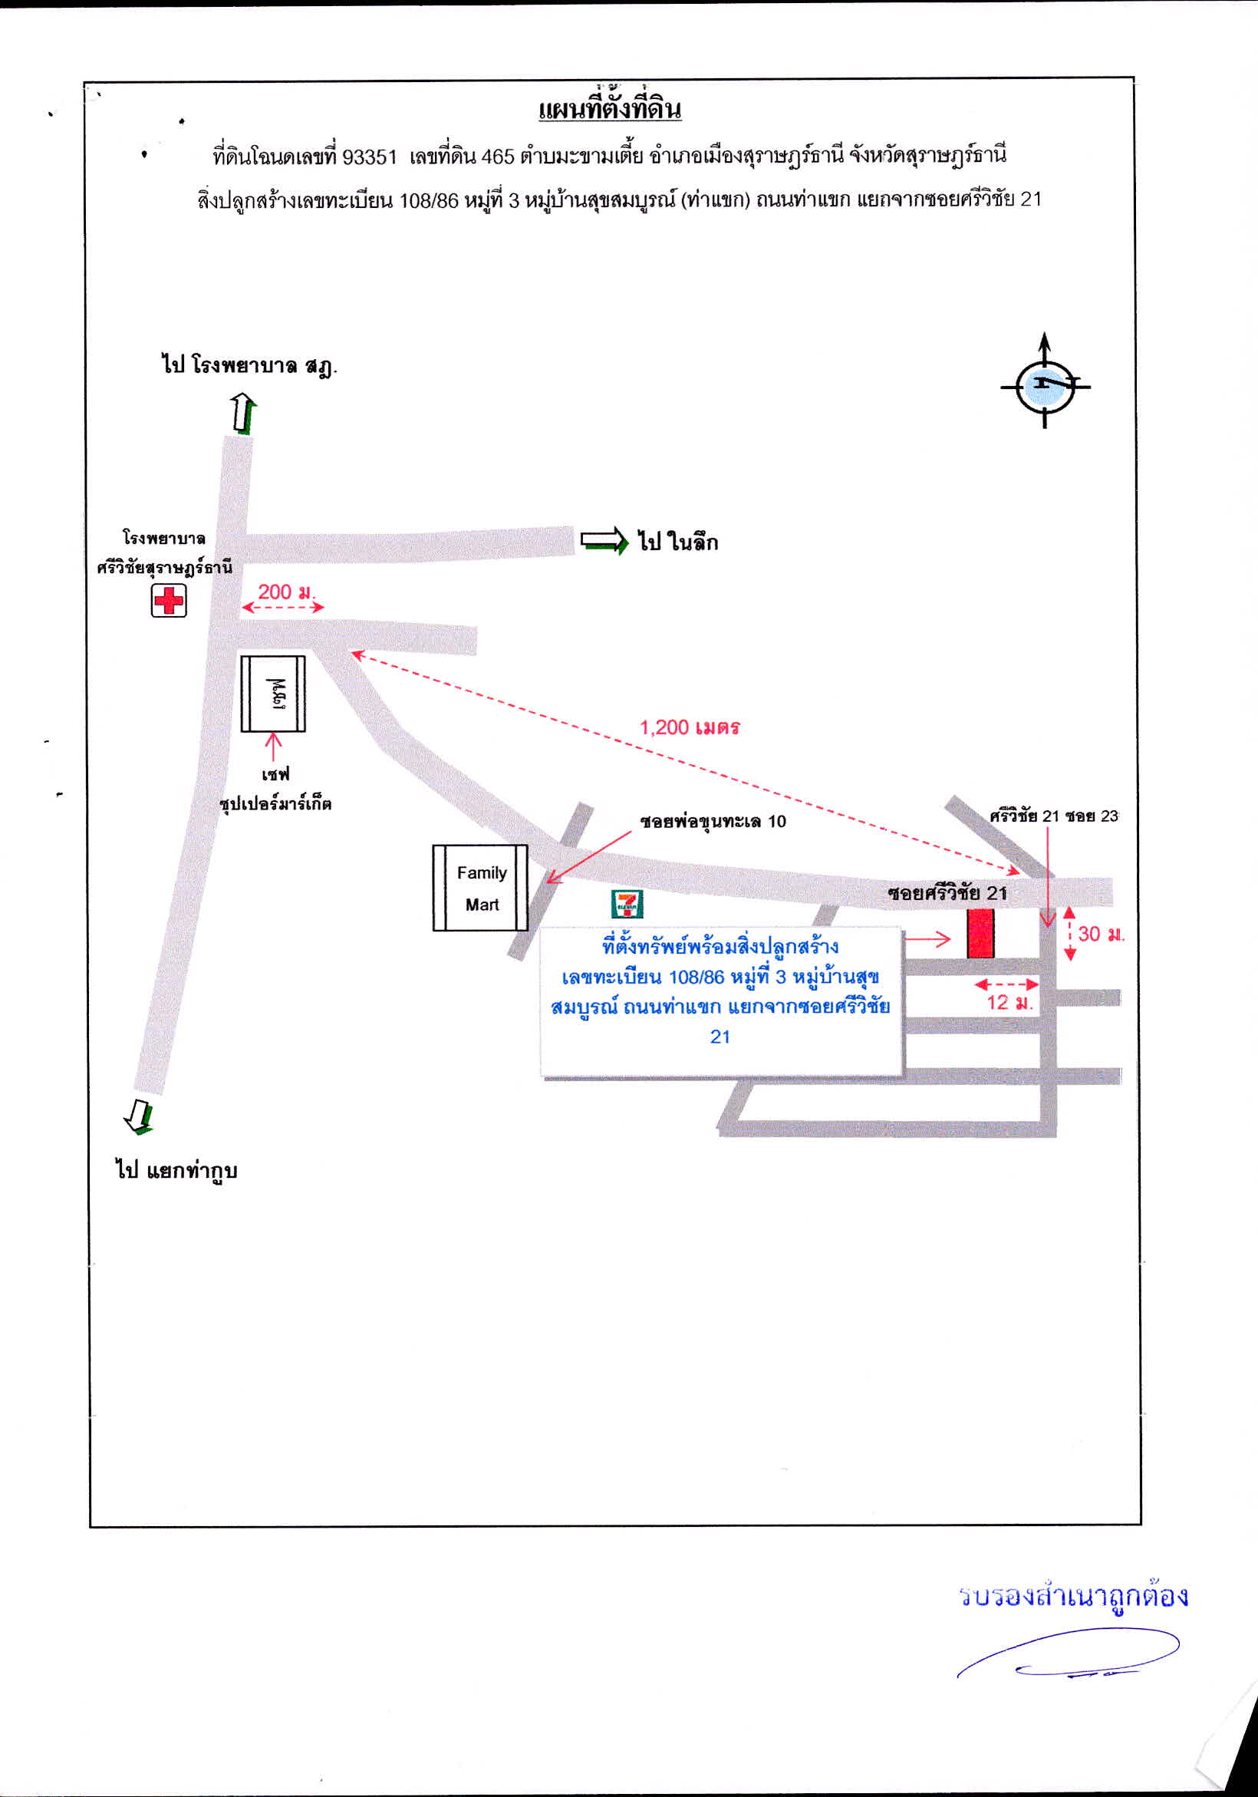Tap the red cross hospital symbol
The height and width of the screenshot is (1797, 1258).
169,600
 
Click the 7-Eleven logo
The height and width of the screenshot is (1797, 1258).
627,903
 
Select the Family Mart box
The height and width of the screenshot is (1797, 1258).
480,888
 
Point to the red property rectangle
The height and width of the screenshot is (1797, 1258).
980,934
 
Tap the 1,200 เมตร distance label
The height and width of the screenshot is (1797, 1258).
690,727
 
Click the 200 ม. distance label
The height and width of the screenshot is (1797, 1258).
285,592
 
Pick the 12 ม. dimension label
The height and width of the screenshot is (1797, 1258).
1010,1003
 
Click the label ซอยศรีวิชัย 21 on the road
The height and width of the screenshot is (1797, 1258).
947,893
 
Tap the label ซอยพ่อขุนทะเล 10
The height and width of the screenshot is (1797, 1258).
713,821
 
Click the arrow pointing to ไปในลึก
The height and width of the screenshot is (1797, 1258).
604,541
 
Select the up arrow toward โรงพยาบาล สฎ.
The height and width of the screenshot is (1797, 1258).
244,414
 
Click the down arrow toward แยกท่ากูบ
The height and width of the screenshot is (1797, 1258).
140,1117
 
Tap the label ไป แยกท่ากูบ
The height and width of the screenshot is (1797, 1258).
176,1171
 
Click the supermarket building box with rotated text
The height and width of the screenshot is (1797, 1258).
272,694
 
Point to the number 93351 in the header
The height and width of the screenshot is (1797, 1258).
370,157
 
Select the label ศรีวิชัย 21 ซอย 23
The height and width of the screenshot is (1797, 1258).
1054,816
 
